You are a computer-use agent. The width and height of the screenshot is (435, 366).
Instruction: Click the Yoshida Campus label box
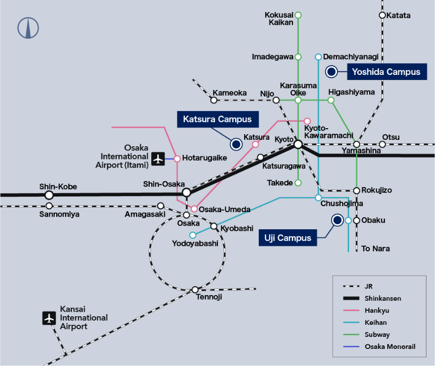(x=386, y=72)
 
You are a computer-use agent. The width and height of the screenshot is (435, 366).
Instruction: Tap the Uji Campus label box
(x=288, y=238)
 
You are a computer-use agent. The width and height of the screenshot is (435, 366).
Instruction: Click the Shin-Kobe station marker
(x=49, y=195)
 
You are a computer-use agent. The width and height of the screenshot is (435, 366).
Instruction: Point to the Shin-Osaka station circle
(x=186, y=193)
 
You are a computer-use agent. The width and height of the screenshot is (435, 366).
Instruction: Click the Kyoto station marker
(x=298, y=144)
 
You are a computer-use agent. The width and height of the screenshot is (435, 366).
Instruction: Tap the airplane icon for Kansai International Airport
(x=49, y=318)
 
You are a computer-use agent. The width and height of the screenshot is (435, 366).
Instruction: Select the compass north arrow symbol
(x=29, y=28)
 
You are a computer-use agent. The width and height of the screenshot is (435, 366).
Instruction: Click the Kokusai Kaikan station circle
(x=298, y=15)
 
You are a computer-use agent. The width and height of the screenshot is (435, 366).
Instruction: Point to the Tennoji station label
(x=208, y=297)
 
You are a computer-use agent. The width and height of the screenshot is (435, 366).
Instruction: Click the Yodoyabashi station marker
(x=192, y=235)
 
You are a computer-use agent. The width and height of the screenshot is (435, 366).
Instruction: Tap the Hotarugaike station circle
(x=177, y=159)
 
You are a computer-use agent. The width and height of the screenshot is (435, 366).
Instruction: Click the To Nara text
(x=376, y=248)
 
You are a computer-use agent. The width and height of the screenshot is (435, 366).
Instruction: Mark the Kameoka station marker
(x=214, y=100)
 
